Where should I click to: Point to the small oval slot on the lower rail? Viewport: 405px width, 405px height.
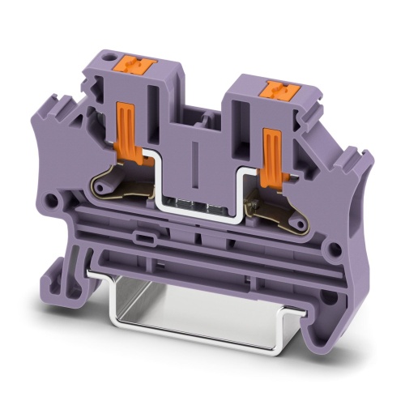pos(147,239)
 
